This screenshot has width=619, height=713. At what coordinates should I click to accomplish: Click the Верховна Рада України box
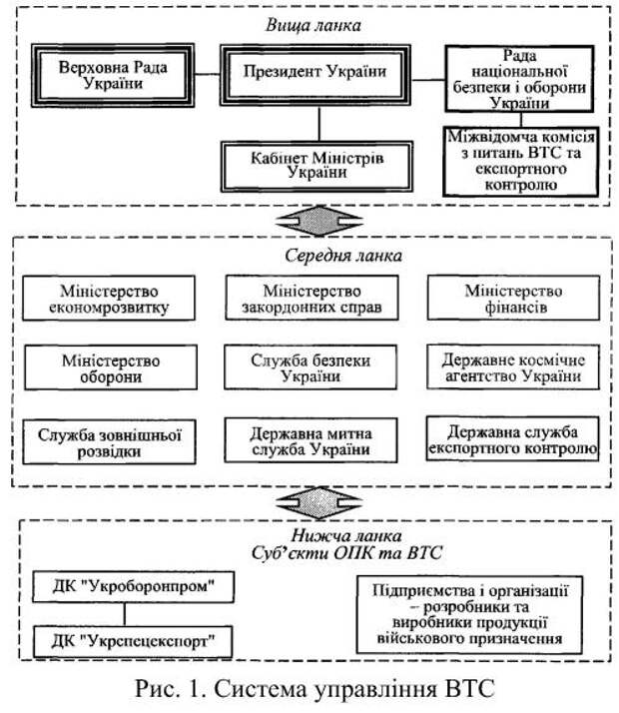click(x=113, y=76)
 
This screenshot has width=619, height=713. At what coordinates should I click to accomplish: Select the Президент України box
click(x=315, y=75)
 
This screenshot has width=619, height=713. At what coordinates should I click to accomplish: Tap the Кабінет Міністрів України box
click(x=316, y=166)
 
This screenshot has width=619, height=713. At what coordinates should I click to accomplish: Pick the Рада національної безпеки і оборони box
click(x=519, y=79)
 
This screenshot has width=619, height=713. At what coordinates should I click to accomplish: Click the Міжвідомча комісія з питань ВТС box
click(x=521, y=162)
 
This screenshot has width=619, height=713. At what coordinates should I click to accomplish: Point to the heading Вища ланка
click(x=313, y=25)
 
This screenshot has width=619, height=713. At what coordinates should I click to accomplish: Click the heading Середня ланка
click(x=343, y=256)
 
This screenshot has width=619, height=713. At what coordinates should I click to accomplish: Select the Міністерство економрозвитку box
click(x=109, y=298)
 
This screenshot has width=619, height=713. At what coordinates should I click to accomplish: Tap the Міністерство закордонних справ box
click(x=311, y=298)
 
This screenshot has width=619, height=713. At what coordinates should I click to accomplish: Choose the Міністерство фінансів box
click(x=513, y=298)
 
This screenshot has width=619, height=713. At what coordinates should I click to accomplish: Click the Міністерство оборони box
click(x=111, y=367)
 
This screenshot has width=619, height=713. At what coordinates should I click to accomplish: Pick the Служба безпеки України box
click(x=310, y=366)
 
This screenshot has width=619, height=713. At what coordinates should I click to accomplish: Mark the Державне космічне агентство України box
click(x=513, y=366)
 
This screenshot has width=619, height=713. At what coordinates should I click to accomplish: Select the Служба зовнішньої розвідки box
click(x=109, y=442)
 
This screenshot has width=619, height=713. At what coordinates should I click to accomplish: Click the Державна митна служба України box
click(x=310, y=440)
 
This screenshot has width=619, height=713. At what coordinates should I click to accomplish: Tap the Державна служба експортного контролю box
click(x=512, y=438)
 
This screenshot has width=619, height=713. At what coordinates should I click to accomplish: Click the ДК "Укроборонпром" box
click(x=133, y=587)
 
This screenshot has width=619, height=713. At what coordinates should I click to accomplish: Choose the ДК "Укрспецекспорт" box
click(x=133, y=642)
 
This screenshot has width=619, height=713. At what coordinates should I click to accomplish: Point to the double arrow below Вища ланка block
click(x=319, y=221)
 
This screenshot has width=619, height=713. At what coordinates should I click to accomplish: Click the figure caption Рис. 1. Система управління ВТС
click(x=314, y=688)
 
